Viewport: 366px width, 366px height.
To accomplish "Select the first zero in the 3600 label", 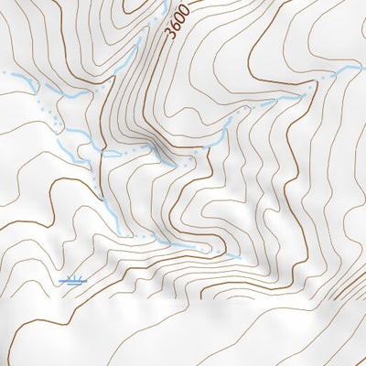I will (x=181, y=16).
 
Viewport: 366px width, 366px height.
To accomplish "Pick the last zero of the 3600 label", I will (x=185, y=7).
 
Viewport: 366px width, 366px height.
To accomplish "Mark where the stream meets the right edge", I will (x=363, y=67).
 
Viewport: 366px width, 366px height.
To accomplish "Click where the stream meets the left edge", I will (x=2, y=72).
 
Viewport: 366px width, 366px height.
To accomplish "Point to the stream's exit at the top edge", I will (x=166, y=2).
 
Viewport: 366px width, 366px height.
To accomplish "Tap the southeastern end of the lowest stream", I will (x=240, y=258).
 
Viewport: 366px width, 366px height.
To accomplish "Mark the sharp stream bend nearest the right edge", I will (x=317, y=81).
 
